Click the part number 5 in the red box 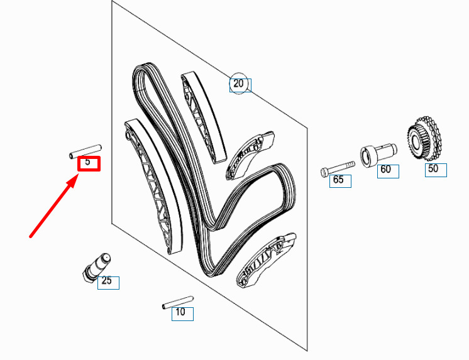tap(87, 161)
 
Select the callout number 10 tap(180, 312)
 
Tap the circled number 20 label tap(238, 83)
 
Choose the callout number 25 tap(106, 280)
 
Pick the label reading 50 tap(433, 168)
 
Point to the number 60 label tap(385, 169)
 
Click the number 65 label tap(338, 180)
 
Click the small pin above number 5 tap(86, 151)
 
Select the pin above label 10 tap(178, 302)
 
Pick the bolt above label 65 tap(338, 169)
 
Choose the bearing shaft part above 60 tap(378, 155)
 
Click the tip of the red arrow tap(79, 175)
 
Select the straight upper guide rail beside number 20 tap(204, 117)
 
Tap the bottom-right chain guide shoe tap(266, 260)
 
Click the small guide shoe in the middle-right tap(250, 155)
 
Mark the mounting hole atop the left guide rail tap(129, 136)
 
